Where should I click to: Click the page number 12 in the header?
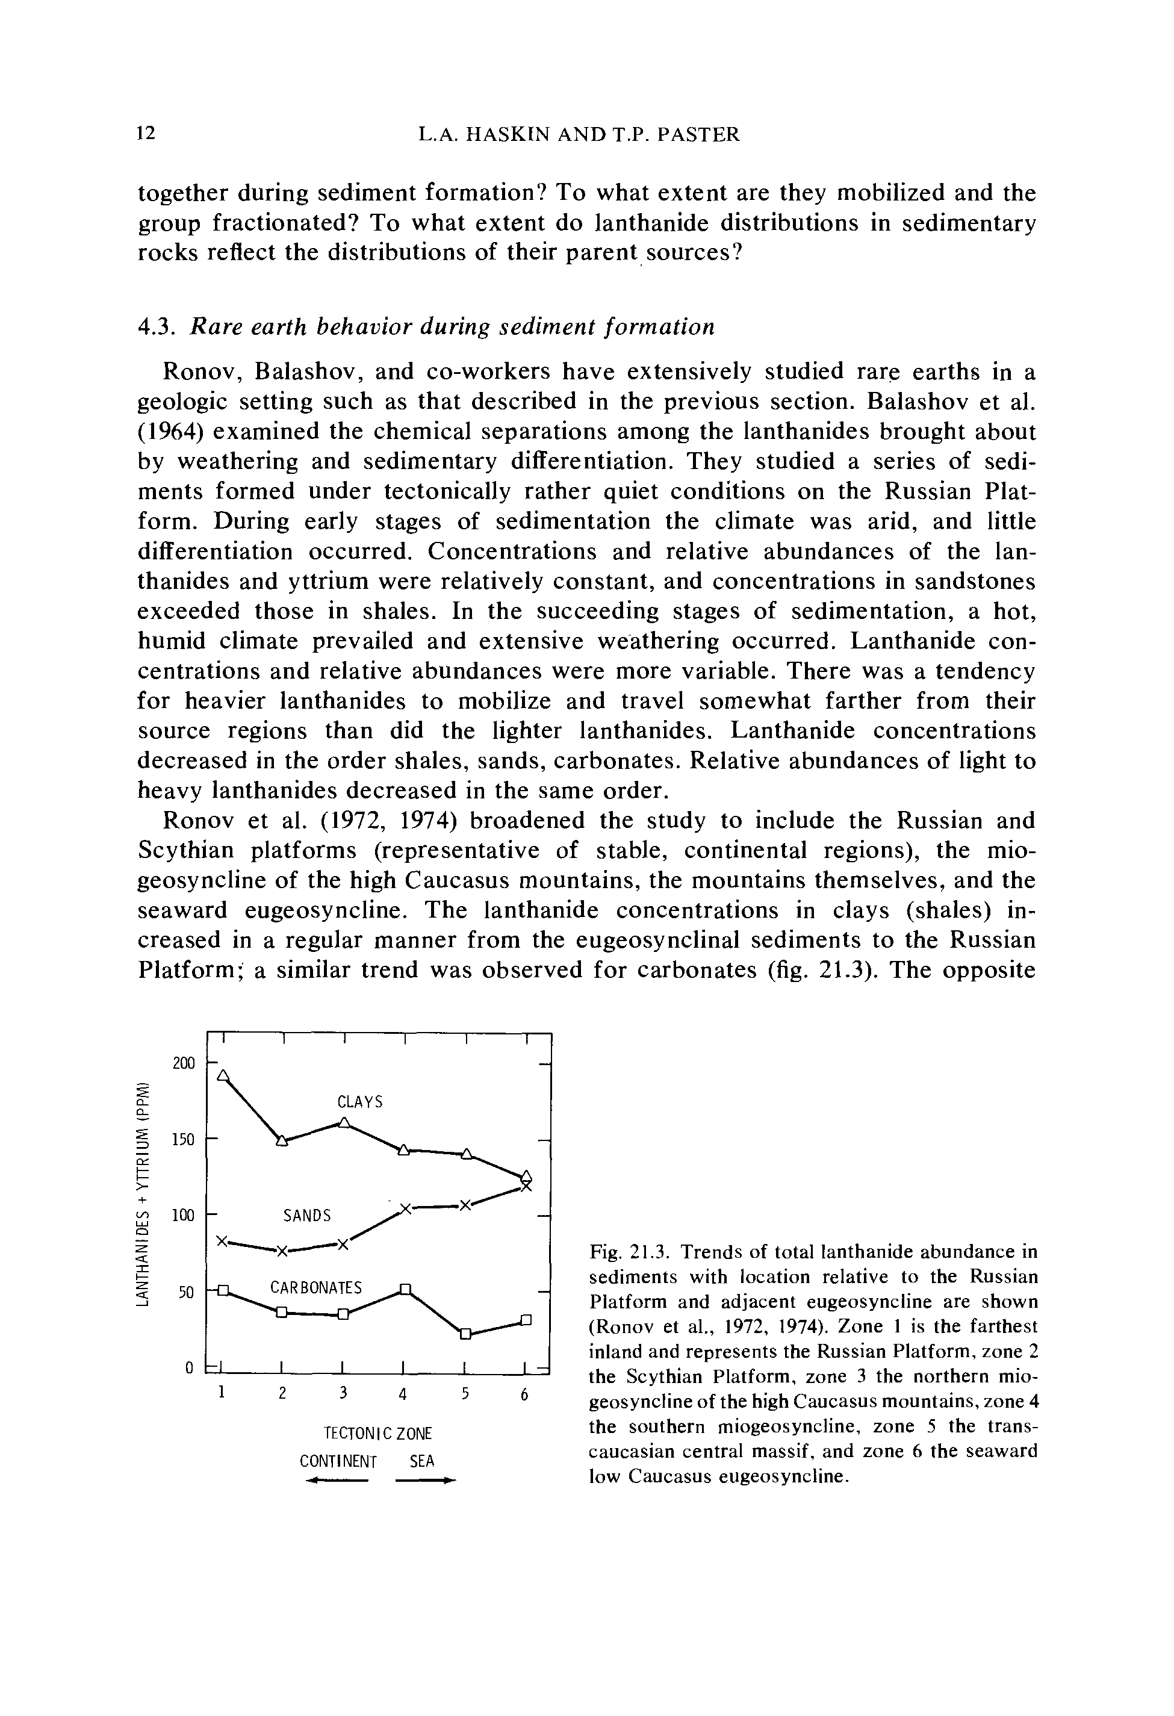(146, 134)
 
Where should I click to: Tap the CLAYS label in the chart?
(359, 1102)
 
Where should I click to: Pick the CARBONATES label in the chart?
(316, 1288)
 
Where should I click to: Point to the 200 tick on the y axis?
(183, 1063)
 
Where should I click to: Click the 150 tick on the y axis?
(183, 1139)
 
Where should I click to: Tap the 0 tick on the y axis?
(190, 1368)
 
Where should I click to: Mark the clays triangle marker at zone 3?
(344, 1122)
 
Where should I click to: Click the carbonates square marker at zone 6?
(526, 1319)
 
